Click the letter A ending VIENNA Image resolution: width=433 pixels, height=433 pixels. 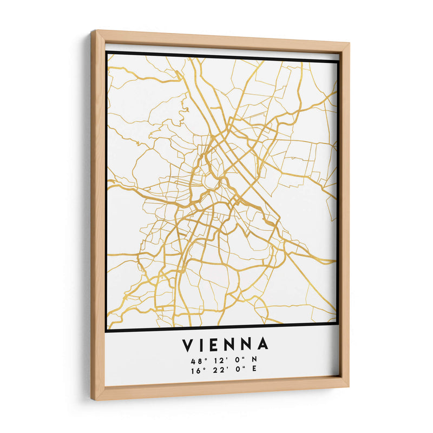(263, 345)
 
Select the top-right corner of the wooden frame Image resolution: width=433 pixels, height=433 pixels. (349, 44)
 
